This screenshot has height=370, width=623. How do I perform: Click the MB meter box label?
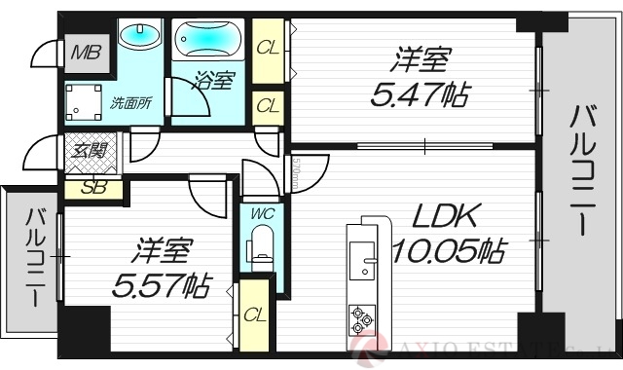[86, 51]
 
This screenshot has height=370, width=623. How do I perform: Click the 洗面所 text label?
[128, 101]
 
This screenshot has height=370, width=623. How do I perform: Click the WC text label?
[258, 212]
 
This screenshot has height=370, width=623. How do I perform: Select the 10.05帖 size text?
[448, 252]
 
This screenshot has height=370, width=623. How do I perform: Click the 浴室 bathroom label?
[215, 82]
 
